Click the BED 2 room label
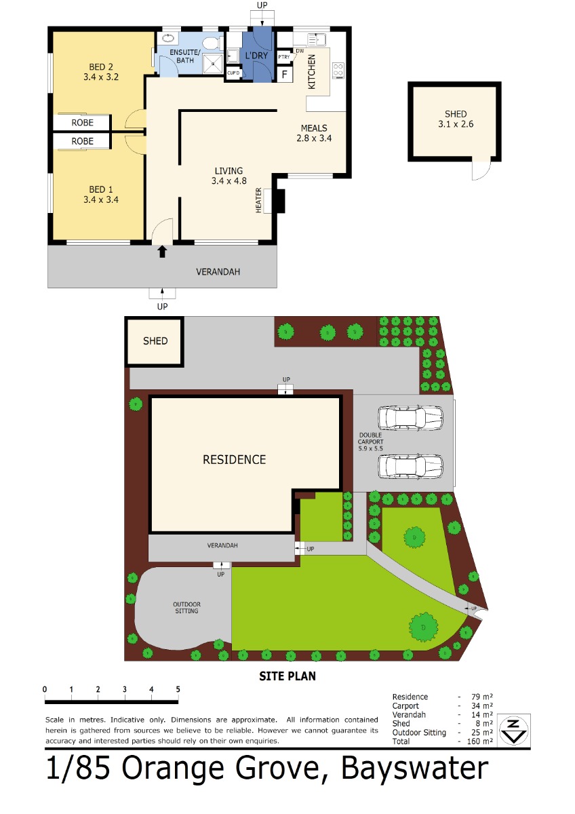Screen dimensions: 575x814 click(x=101, y=67)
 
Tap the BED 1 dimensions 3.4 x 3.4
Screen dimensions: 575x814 click(x=101, y=199)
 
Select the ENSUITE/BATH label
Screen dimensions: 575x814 click(x=185, y=56)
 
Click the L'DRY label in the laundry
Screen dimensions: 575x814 click(x=256, y=56)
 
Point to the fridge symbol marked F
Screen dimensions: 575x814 click(x=285, y=75)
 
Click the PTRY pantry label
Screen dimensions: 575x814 click(x=284, y=57)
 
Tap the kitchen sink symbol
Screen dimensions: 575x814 click(x=317, y=39)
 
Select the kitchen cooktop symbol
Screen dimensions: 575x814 click(x=338, y=70)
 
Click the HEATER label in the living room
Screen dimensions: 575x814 click(x=258, y=200)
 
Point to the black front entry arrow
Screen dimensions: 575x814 click(x=162, y=252)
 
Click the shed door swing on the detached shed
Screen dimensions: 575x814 click(x=481, y=170)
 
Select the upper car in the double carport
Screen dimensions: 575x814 click(x=410, y=418)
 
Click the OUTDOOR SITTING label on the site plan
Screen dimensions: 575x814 click(x=186, y=608)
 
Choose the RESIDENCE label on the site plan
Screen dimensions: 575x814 click(x=235, y=460)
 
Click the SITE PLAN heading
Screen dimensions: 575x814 click(x=287, y=676)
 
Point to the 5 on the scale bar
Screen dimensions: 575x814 click(x=178, y=689)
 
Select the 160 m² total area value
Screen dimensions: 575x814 click(x=480, y=741)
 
